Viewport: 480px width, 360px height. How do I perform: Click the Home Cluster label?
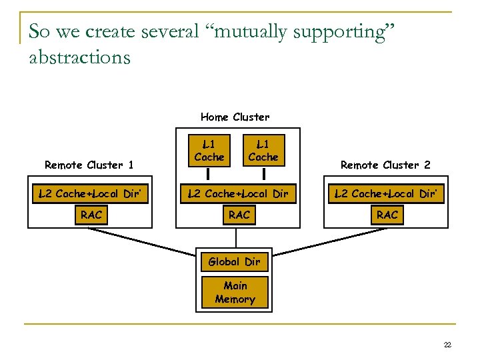[235, 117]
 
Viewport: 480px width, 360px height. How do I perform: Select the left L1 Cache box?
[209, 151]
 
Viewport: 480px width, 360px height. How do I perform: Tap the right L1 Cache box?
[263, 151]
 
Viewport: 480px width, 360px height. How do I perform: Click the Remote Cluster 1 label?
[89, 165]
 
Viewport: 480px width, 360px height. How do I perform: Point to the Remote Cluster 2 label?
[385, 165]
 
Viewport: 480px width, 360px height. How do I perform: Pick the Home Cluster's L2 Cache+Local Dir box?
[239, 194]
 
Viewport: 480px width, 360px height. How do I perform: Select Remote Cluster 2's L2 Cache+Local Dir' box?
[387, 194]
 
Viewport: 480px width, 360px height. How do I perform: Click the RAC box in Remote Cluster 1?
[91, 215]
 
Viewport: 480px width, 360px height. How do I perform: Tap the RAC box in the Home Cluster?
[239, 215]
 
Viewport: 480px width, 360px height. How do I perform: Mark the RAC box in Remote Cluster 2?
[387, 215]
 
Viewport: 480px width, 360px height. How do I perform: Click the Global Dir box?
[234, 261]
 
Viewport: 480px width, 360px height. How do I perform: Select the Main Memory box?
[235, 293]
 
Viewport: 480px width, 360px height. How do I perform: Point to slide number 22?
[447, 345]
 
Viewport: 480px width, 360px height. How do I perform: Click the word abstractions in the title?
[80, 57]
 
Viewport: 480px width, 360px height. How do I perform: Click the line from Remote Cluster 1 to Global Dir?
[143, 241]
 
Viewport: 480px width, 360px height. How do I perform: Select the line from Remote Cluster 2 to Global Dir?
[327, 241]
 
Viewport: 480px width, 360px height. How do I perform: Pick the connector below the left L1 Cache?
[209, 174]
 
